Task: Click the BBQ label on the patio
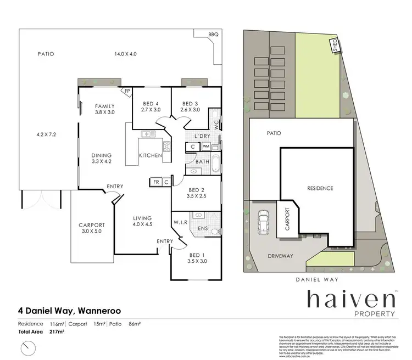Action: [213, 35]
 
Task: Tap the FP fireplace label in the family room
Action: [127, 92]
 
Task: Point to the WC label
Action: [218, 125]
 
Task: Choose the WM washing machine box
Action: [205, 147]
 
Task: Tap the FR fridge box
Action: [155, 181]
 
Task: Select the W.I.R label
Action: [181, 222]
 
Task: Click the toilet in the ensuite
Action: [214, 232]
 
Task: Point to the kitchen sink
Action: [147, 134]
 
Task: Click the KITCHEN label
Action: [150, 155]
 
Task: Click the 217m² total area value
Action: [57, 332]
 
